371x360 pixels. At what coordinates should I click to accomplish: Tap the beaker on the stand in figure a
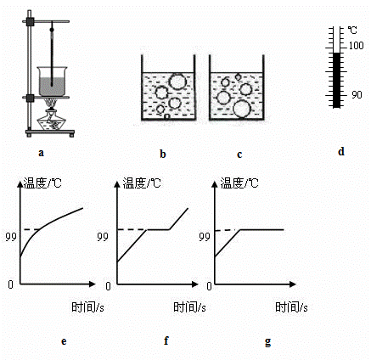[52, 82]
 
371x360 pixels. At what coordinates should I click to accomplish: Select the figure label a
[42, 153]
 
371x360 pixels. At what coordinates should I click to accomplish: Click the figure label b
[163, 154]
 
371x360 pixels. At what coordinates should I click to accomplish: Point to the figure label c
[239, 155]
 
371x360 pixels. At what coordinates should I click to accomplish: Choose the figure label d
[341, 151]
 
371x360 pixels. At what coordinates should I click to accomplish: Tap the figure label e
[64, 341]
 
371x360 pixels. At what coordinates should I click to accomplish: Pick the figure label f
[166, 340]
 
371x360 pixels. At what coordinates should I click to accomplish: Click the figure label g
[267, 341]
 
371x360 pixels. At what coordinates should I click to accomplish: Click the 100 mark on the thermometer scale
[356, 46]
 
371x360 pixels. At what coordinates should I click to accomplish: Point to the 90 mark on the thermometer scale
[357, 95]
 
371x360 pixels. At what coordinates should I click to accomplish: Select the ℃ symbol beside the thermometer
[352, 31]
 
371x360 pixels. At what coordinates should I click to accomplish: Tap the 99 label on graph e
[11, 237]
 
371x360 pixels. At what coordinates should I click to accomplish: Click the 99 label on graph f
[103, 237]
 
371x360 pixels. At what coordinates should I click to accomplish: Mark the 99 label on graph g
[205, 237]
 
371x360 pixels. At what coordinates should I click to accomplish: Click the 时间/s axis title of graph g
[291, 307]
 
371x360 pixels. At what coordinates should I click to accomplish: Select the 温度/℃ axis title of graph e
[42, 183]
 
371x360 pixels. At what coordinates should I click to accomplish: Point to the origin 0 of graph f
[108, 286]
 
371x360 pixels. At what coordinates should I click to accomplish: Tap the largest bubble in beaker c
[242, 109]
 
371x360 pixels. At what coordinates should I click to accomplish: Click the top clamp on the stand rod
[30, 22]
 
